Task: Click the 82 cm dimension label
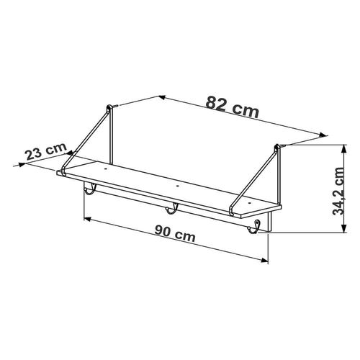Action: click(233, 107)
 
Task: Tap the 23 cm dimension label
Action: click(46, 151)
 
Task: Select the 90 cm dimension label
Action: click(175, 233)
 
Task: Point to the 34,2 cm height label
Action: click(338, 191)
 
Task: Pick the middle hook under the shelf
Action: click(171, 208)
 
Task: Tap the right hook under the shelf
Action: click(253, 227)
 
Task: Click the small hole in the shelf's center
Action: click(177, 186)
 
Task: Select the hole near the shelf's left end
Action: click(105, 169)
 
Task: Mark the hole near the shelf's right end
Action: click(250, 203)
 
